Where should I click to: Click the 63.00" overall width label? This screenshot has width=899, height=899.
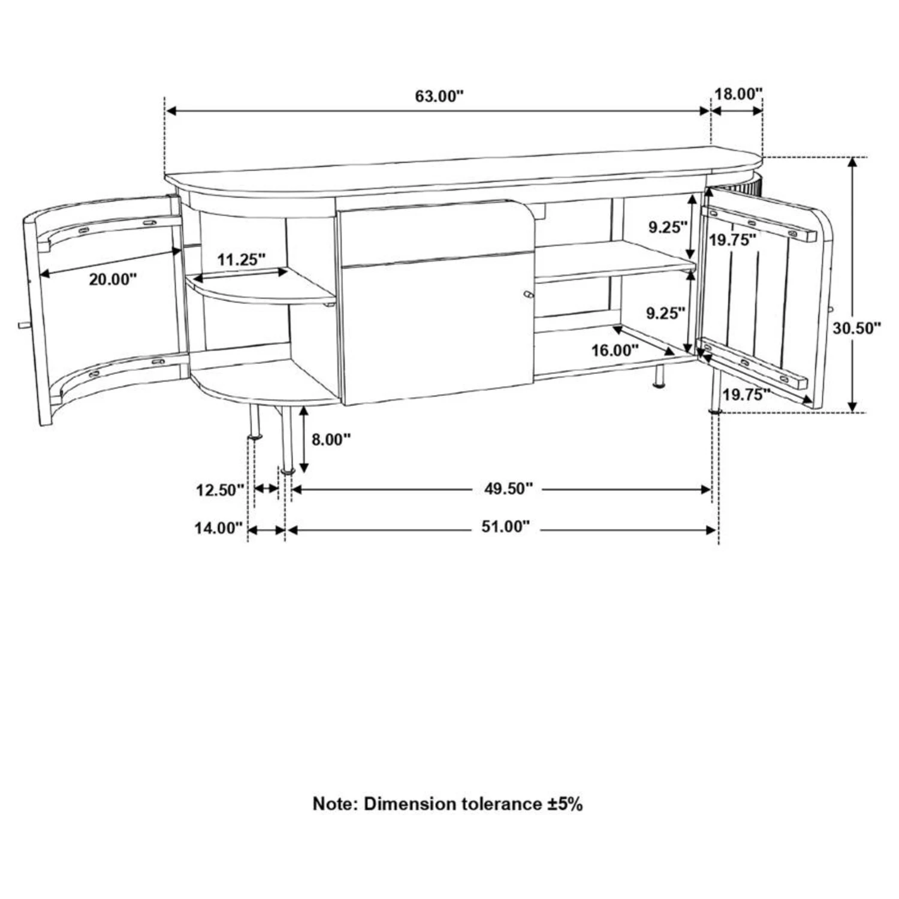[439, 96]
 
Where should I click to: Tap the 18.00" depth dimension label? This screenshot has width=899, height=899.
[738, 94]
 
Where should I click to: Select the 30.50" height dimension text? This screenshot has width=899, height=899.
[856, 328]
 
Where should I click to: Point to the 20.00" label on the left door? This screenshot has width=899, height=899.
[113, 279]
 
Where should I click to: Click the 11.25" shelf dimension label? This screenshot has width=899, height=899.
[241, 260]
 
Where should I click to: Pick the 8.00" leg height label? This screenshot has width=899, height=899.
[330, 439]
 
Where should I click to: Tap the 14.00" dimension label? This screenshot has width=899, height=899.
[218, 529]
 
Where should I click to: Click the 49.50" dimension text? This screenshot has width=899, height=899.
[508, 489]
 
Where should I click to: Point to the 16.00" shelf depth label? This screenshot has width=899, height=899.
[615, 351]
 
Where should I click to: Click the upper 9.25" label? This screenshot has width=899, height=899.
[666, 227]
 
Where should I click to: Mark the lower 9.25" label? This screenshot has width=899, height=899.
[665, 313]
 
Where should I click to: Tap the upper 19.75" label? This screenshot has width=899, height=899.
[732, 240]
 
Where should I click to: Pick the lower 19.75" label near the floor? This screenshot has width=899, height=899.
[746, 395]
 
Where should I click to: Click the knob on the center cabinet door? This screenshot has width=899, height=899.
[527, 294]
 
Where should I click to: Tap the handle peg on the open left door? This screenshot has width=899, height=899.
[22, 325]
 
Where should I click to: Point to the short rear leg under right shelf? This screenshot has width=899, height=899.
[659, 378]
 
